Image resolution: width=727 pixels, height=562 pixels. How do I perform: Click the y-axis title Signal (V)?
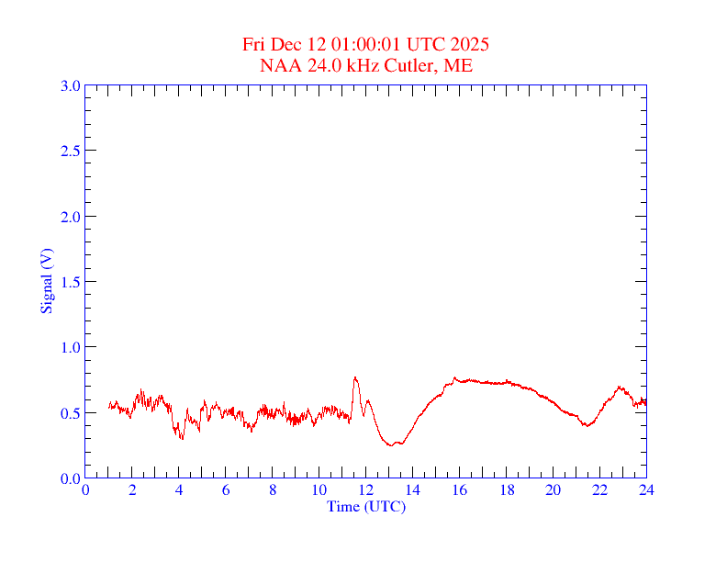coord(45,280)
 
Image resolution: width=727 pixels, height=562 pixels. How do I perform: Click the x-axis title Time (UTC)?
coord(365,506)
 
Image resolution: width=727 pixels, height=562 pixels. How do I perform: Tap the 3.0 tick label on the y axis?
coord(70,85)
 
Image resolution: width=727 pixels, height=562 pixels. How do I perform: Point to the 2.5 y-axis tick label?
coord(70,151)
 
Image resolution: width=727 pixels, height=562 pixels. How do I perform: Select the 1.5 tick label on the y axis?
coord(70,282)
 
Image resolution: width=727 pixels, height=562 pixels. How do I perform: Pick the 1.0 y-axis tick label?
coord(70,347)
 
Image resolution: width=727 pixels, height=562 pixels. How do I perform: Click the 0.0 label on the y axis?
coord(70,478)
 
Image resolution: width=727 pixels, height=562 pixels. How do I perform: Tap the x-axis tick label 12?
coord(365,490)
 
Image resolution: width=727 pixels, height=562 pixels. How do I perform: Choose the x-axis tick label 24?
coord(646,490)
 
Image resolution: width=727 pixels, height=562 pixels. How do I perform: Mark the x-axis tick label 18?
coord(506,490)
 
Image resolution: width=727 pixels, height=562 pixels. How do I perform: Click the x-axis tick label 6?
coord(226,490)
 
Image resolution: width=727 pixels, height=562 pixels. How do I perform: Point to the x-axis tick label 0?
coord(85,490)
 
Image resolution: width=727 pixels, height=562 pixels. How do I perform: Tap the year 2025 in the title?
coord(469,44)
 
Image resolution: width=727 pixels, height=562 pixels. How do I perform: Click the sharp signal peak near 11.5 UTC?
coord(354,377)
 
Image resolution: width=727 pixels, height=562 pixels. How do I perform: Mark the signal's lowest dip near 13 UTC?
coord(392,445)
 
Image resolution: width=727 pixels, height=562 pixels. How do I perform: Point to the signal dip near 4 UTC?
coord(181,438)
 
